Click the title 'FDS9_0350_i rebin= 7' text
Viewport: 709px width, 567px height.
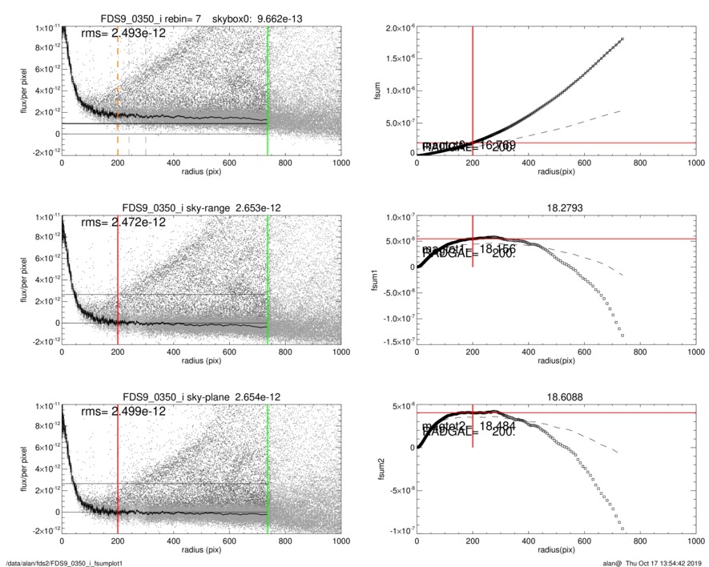tap(148, 18)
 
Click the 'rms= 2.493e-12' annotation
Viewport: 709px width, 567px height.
tap(123, 33)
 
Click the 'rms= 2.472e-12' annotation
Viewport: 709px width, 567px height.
tap(123, 222)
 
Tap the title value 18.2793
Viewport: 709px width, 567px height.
tap(554, 207)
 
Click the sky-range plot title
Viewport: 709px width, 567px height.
tap(201, 207)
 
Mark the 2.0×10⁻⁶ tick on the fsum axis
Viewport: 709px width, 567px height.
tap(397, 28)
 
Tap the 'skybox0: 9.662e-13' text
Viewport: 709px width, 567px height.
tap(256, 18)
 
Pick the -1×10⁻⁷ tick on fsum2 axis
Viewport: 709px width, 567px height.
tap(399, 531)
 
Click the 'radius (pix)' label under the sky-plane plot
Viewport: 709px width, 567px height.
tap(201, 553)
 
